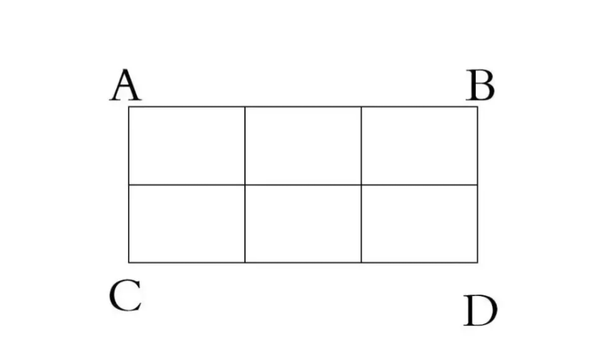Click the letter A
tap(125, 86)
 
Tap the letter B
tap(480, 86)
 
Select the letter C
tap(125, 297)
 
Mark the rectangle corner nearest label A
tap(129, 107)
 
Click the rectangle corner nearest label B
tap(477, 107)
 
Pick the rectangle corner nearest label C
tap(129, 262)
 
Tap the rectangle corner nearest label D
tap(477, 262)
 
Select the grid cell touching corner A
tap(187, 146)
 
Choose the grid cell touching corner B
tap(419, 146)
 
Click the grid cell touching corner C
tap(187, 223)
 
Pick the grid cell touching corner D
tap(419, 223)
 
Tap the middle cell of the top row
tap(303, 146)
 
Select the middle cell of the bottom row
tap(303, 223)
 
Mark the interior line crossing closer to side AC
tap(244, 184)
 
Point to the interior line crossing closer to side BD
tap(361, 184)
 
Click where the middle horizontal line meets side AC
tap(129, 184)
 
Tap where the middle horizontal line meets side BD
tap(477, 184)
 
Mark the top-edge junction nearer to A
tap(244, 107)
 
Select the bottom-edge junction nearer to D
tap(361, 262)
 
